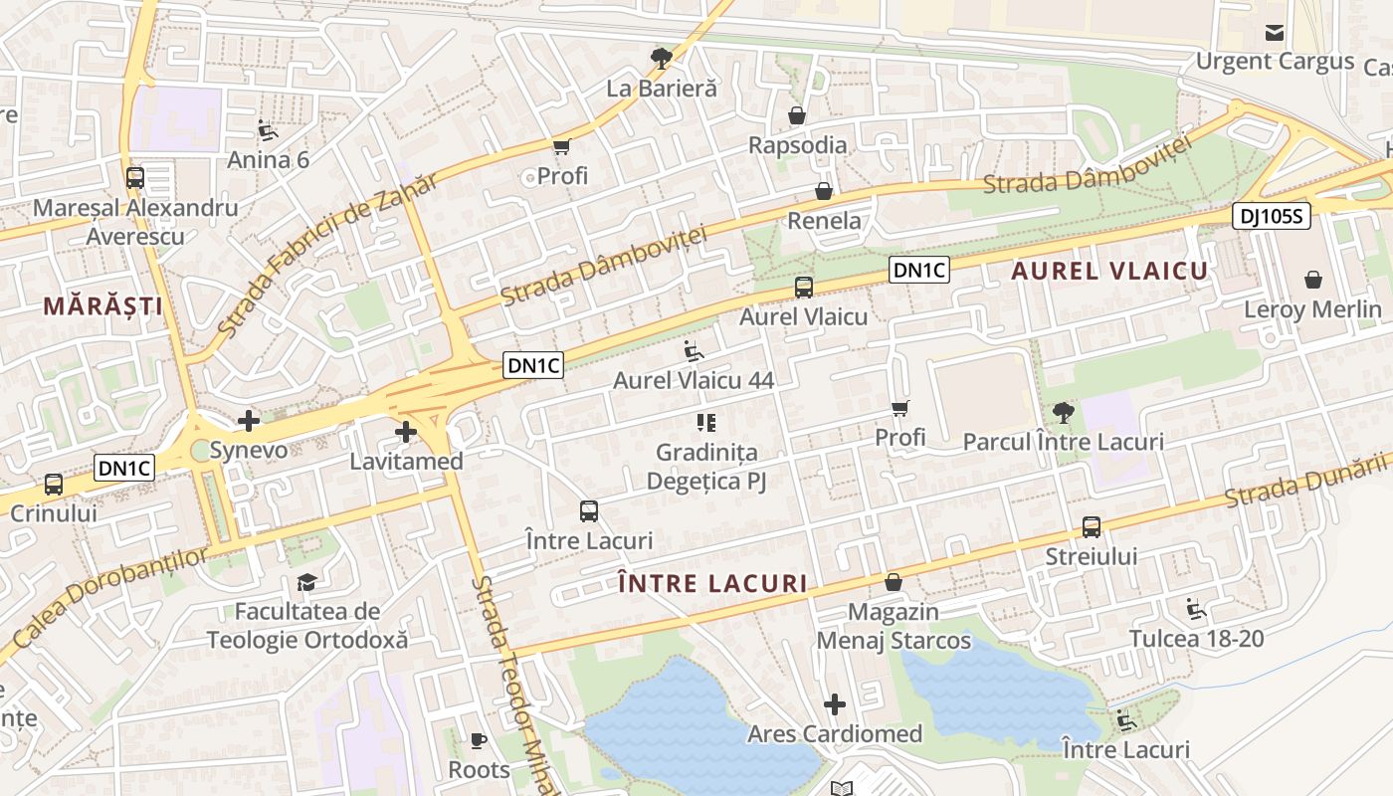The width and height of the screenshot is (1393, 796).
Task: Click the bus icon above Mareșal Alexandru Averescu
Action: (134, 178)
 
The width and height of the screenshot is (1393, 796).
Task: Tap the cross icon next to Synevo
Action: (249, 421)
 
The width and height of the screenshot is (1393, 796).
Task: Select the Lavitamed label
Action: (406, 462)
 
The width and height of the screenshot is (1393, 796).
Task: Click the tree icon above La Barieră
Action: (660, 58)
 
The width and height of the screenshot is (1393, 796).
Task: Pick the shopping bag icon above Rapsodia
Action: (796, 115)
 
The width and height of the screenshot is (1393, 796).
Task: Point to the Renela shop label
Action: (824, 220)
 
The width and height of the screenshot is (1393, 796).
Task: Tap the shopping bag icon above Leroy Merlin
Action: (1313, 280)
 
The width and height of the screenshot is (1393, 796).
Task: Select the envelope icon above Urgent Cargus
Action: (1275, 33)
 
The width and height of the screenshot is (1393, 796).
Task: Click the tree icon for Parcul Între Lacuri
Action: (1063, 412)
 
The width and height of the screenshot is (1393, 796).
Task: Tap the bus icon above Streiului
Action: (1092, 526)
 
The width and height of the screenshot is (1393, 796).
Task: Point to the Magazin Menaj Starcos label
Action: (893, 626)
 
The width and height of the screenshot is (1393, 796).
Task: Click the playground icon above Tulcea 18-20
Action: (1196, 609)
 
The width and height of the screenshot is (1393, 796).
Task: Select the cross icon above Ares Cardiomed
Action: (835, 704)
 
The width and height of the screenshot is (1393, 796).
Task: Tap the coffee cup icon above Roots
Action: (479, 740)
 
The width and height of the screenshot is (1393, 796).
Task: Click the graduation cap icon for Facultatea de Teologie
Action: (306, 582)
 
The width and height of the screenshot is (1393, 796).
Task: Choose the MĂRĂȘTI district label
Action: (103, 305)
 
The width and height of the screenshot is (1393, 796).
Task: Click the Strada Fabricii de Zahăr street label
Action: (326, 255)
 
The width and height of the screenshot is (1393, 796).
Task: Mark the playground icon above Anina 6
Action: (268, 130)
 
